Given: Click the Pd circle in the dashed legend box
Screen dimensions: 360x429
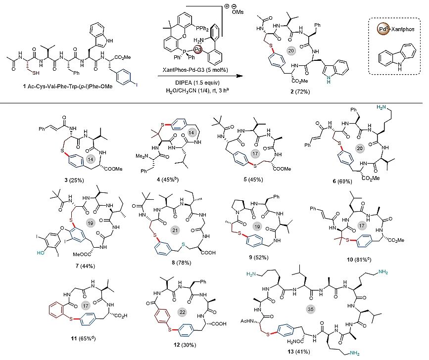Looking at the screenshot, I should (x=379, y=28).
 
